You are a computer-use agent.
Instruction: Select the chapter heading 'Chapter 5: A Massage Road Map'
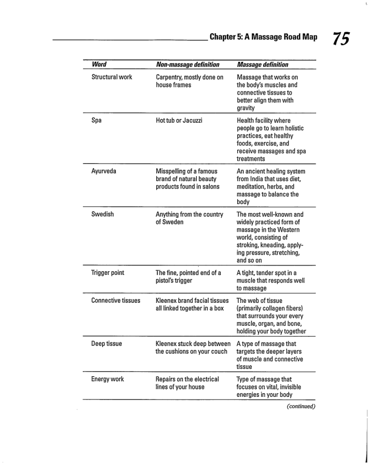(x=263, y=38)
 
